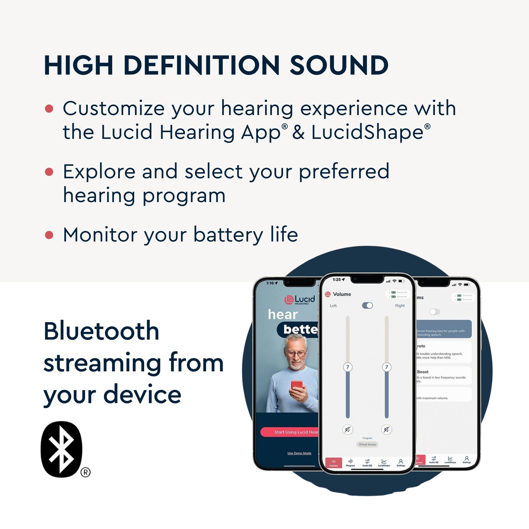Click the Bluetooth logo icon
click(62, 449)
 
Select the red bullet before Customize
click(49, 108)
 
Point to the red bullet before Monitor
click(49, 235)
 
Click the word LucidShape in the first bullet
click(367, 132)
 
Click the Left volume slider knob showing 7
click(348, 367)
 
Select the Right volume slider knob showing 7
click(387, 367)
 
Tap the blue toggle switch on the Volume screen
click(367, 305)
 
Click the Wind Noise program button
click(367, 444)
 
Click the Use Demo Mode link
click(299, 453)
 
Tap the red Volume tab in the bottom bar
click(334, 463)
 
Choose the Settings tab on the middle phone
click(400, 463)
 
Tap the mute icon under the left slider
click(348, 429)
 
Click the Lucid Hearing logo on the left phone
click(300, 300)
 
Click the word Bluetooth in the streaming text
click(101, 331)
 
